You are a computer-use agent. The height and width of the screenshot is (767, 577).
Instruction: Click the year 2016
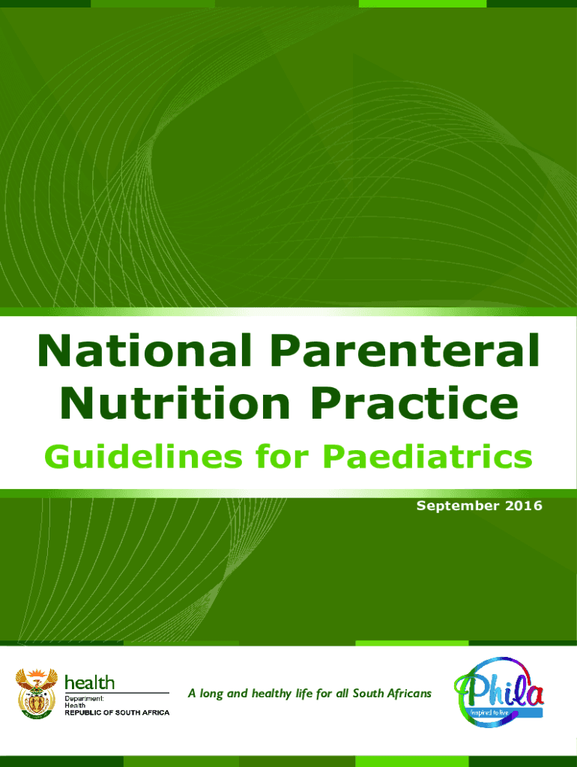(x=522, y=506)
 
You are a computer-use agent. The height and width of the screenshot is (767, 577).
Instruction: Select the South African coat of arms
(x=36, y=691)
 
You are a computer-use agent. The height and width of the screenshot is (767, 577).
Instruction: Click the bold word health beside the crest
(x=90, y=682)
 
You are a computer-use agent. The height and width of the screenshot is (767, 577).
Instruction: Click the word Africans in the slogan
(x=409, y=694)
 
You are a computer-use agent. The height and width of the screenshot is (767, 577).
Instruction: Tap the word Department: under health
(x=88, y=697)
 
